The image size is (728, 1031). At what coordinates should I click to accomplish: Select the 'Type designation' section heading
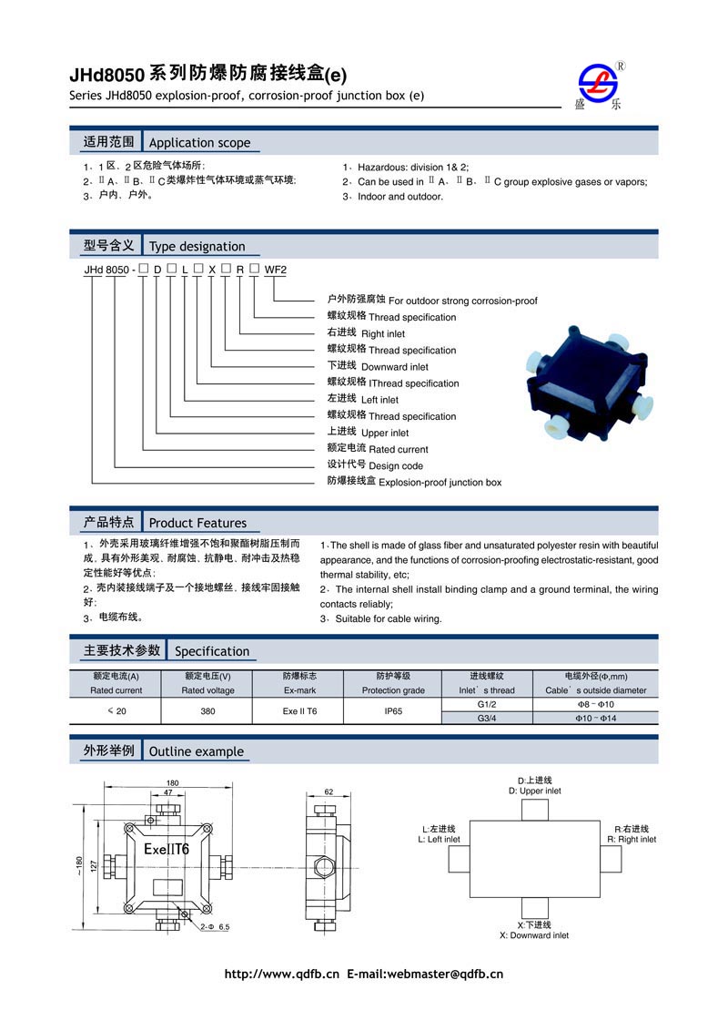[x=197, y=246]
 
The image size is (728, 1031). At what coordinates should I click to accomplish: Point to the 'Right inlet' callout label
[x=383, y=334]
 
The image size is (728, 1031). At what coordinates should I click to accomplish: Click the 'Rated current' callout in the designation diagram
[x=398, y=449]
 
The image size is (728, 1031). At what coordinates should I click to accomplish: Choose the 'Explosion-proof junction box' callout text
[x=440, y=482]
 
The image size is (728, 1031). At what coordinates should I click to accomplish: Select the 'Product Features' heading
[x=197, y=523]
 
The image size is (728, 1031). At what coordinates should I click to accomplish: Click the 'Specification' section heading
[x=211, y=651]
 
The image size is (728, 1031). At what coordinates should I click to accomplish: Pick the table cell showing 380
[x=207, y=710]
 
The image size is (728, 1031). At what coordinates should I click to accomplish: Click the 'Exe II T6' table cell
[x=299, y=710]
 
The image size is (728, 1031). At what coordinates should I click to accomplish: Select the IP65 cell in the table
[x=393, y=710]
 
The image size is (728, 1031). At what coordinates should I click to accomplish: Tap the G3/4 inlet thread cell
[x=487, y=719]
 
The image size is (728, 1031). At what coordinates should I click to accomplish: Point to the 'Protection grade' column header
[x=393, y=690]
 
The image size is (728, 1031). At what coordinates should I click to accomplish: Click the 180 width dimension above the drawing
[x=172, y=783]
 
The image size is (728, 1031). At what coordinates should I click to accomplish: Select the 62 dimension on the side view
[x=329, y=791]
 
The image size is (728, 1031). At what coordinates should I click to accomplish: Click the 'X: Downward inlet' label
[x=534, y=935]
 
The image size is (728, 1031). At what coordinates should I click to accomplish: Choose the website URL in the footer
[x=282, y=974]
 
